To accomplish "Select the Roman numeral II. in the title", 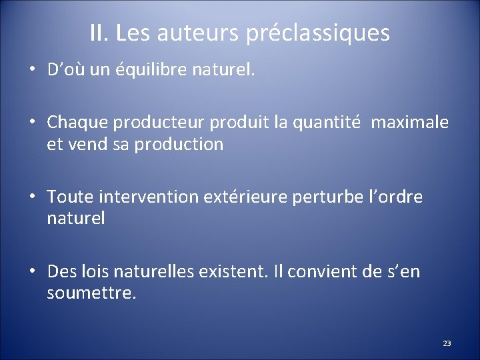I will point(101,33).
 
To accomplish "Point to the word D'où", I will point(65,70).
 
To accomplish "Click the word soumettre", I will point(91,293).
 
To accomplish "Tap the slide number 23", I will point(447,343).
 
